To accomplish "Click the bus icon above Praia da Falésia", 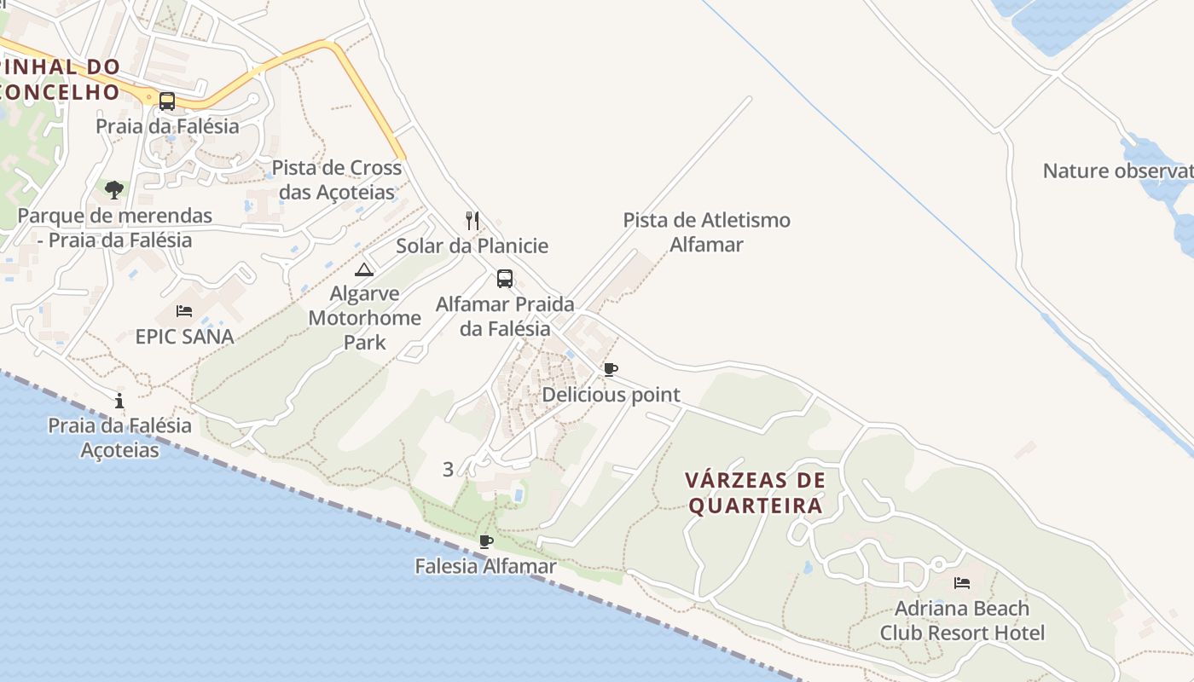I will click(167, 101).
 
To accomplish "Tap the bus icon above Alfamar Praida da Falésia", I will click(505, 279).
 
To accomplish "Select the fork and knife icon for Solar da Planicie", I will click(472, 221).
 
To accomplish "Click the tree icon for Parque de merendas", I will click(114, 189).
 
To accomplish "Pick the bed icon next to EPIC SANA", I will click(184, 311).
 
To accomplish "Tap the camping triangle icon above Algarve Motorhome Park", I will click(364, 270).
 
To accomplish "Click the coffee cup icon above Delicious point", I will click(610, 370).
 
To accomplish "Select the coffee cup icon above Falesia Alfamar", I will click(486, 541).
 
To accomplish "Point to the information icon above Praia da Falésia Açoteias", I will click(119, 401).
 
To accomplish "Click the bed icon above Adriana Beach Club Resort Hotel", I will click(962, 583).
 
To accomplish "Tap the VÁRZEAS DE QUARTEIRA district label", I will click(756, 493).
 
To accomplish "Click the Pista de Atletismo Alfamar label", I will click(706, 233).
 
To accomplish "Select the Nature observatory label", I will click(1117, 170).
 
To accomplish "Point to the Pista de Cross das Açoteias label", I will click(337, 179).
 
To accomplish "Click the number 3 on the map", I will click(448, 469).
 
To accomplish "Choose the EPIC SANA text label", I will click(184, 337).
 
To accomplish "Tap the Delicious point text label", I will click(611, 395).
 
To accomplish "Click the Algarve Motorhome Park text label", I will click(364, 318).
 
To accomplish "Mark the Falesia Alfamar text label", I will click(485, 566).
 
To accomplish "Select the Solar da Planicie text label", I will click(472, 246).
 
